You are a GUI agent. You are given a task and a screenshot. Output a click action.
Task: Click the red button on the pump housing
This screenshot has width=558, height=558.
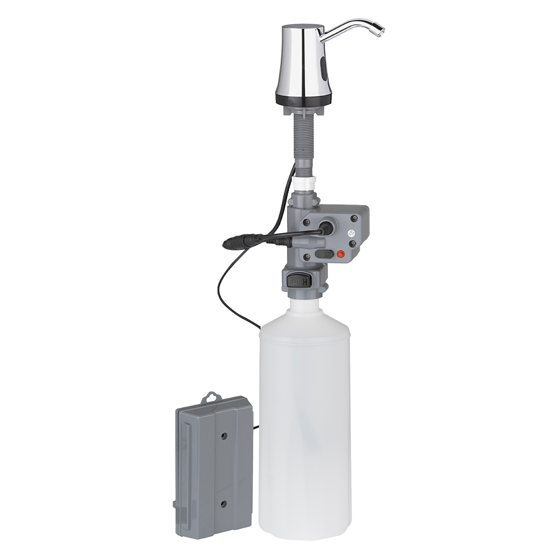(340, 253)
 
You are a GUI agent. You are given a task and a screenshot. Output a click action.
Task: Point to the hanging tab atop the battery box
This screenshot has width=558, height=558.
(213, 396)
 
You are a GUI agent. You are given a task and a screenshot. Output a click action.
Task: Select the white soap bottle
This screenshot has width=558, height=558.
(304, 422)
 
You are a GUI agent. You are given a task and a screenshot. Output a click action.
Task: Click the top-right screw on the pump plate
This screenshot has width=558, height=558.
(355, 218)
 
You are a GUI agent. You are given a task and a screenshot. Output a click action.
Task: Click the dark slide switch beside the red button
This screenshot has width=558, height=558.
(323, 253)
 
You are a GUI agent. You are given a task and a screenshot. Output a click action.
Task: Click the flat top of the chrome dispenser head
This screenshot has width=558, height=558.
(302, 27)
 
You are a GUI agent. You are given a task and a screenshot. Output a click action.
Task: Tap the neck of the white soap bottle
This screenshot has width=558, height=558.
(304, 308)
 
